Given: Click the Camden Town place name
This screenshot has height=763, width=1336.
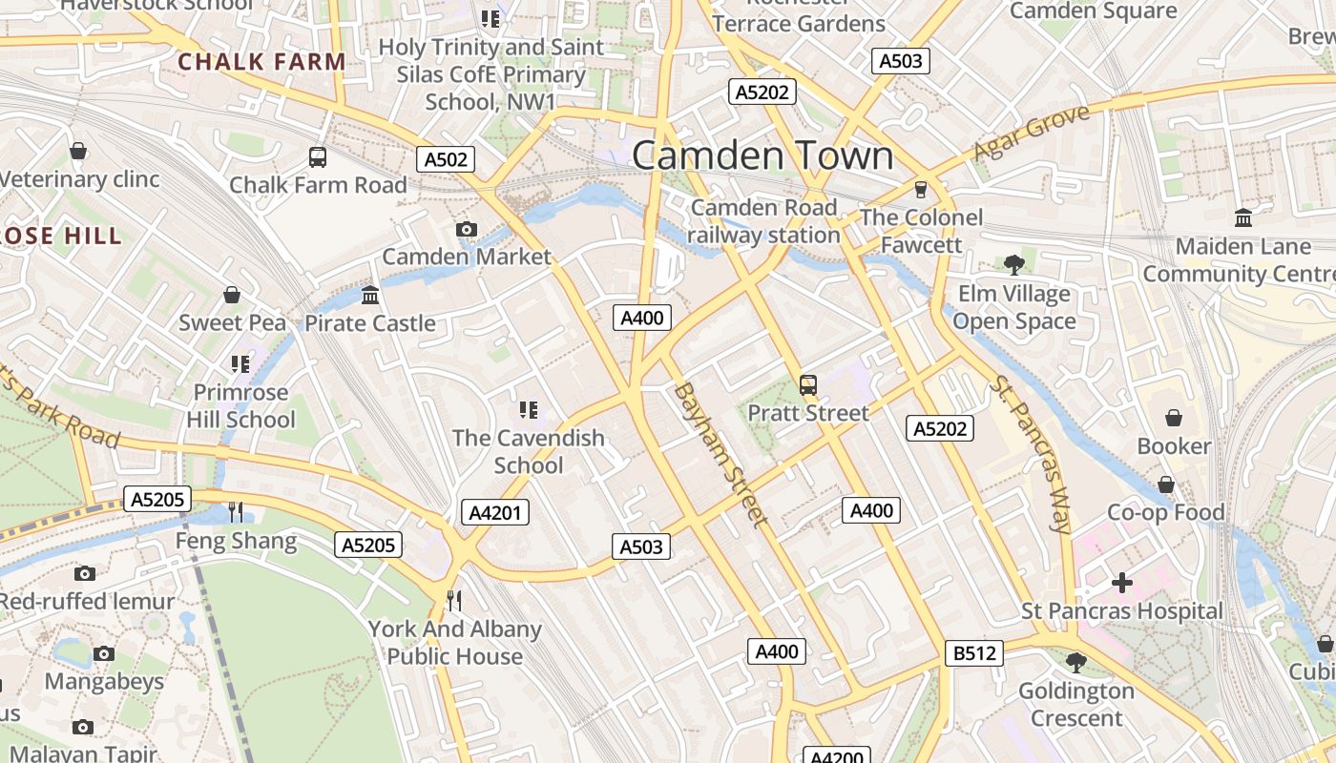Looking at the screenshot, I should click(x=762, y=156).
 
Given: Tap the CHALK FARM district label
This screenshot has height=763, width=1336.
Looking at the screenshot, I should click(x=261, y=62).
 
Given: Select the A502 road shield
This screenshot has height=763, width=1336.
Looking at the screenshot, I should click(x=447, y=159).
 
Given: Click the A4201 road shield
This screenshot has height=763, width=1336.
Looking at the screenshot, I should click(x=496, y=513).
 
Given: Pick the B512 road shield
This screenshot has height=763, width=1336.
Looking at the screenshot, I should click(x=974, y=653).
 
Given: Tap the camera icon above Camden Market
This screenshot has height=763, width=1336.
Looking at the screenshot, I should click(x=467, y=229).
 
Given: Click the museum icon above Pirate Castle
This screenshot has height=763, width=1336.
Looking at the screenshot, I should click(x=370, y=295).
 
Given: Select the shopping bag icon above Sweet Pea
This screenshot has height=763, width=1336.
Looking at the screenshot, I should click(x=232, y=295).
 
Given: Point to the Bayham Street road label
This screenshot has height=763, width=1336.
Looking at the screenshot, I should click(x=720, y=454).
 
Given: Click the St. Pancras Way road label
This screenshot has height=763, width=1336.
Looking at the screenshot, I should click(x=1032, y=453).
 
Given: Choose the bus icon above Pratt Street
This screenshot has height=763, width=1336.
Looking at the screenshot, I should click(x=808, y=385).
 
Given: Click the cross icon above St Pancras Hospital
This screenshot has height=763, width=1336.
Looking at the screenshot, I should click(x=1122, y=582).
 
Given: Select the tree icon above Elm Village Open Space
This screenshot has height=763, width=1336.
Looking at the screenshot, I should click(x=1013, y=264).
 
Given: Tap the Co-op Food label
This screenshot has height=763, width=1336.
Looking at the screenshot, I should click(x=1165, y=512).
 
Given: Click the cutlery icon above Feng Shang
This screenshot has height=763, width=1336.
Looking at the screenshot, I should click(x=236, y=512).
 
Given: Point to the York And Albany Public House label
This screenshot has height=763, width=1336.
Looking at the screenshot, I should click(x=455, y=643).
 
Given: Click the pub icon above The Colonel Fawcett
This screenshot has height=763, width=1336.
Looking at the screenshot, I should click(x=921, y=189).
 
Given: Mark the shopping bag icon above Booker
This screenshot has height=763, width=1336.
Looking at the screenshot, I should click(x=1174, y=418).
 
